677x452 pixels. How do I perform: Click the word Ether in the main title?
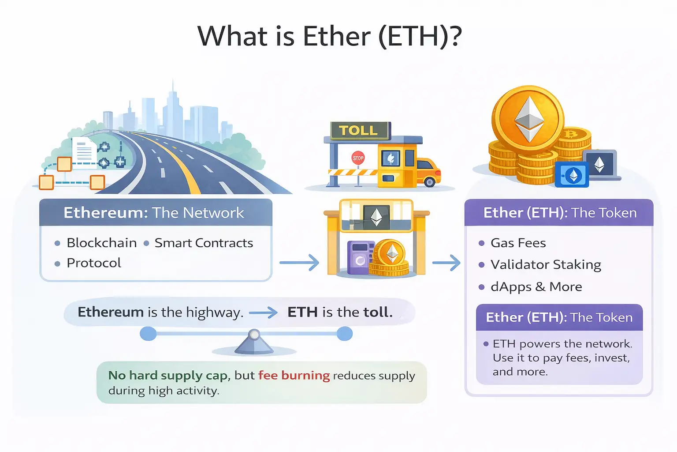tap(336, 36)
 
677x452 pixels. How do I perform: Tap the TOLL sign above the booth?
tap(358, 131)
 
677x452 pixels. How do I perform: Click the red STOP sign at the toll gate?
tap(358, 158)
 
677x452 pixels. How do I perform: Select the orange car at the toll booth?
tap(428, 172)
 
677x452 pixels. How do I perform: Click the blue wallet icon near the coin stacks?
tap(572, 175)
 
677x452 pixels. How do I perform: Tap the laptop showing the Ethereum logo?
tap(599, 165)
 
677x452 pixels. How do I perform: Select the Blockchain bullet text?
tap(101, 243)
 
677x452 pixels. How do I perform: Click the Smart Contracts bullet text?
tap(204, 243)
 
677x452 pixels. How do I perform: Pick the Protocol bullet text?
tap(93, 263)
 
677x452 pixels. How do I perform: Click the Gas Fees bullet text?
tap(518, 243)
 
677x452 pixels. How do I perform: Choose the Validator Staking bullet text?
tap(546, 264)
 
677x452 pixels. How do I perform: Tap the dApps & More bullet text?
tap(536, 287)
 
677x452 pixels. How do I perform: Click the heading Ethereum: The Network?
tap(153, 213)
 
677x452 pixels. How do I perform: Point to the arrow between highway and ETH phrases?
tap(263, 313)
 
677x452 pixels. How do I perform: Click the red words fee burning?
tap(294, 375)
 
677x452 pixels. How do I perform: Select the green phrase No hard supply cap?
tap(168, 375)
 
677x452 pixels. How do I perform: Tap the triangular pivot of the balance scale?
tap(254, 343)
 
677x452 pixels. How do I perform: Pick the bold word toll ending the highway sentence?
tap(377, 312)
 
